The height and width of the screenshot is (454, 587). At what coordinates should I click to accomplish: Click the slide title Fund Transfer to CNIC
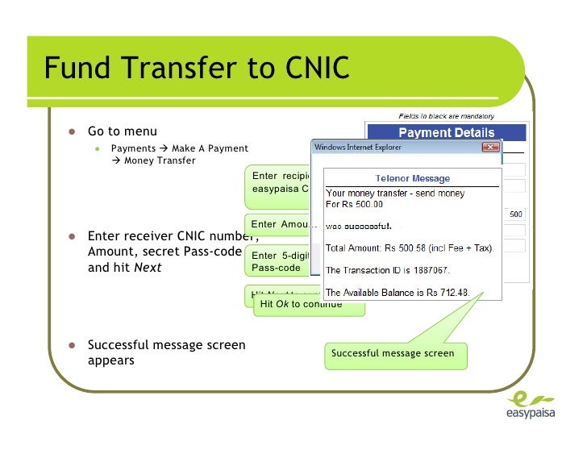(x=197, y=69)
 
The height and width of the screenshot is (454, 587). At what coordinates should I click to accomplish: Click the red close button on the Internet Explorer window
(x=490, y=148)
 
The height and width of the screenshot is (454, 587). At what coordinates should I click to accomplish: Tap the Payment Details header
(x=446, y=133)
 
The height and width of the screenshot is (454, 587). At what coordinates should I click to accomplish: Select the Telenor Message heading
(x=413, y=178)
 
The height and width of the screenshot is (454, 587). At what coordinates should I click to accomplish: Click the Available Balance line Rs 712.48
(x=401, y=292)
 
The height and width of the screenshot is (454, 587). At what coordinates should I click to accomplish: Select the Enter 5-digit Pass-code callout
(x=279, y=261)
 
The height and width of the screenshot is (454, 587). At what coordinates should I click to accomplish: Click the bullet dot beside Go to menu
(x=72, y=131)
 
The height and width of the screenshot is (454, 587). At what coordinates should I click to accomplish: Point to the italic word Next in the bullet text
(x=148, y=267)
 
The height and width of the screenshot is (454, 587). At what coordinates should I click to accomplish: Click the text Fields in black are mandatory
(x=446, y=116)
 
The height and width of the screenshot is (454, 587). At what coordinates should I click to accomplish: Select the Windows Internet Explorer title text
(x=358, y=148)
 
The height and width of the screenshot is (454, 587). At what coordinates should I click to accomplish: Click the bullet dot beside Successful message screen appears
(x=72, y=345)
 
